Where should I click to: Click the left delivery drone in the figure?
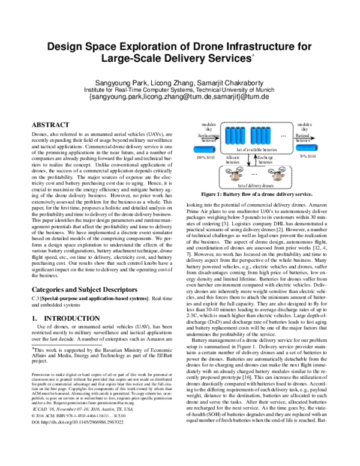(x=235, y=174)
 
